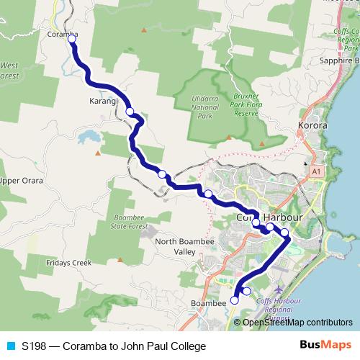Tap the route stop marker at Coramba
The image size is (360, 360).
(72, 40)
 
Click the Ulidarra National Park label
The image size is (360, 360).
(204, 107)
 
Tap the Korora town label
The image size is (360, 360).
(312, 125)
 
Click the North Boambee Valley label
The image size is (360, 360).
(176, 247)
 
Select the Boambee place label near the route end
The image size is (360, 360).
(208, 305)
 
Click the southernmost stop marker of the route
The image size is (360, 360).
(235, 300)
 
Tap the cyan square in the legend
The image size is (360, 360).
(10, 346)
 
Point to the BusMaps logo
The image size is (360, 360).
(327, 346)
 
